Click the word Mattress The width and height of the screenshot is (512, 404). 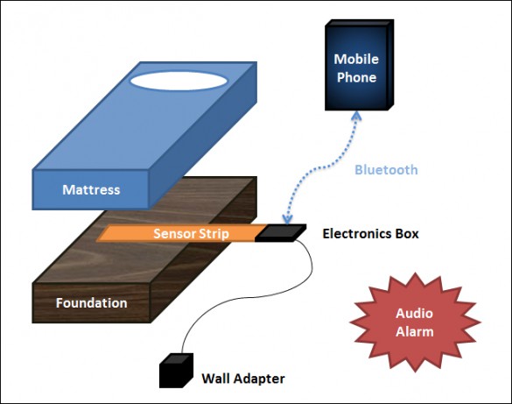91,189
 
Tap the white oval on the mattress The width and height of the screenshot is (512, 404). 179,81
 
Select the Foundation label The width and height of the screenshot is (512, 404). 91,302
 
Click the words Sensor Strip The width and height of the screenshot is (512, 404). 191,234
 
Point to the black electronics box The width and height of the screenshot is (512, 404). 280,233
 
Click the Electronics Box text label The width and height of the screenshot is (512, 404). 370,234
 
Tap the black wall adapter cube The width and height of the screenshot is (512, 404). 176,371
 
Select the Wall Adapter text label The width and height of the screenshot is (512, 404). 243,379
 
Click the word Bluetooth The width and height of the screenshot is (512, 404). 386,170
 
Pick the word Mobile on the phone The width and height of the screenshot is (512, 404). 356,60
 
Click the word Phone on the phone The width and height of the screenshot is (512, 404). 356,77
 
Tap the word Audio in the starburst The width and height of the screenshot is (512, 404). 414,313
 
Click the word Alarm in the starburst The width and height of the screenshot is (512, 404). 414,332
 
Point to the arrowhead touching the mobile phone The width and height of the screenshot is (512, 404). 356,116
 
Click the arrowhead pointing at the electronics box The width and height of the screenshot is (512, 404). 287,219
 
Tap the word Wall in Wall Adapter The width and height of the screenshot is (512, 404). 215,379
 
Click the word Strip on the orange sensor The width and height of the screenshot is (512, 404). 214,234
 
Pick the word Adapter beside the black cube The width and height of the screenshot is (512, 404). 259,379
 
